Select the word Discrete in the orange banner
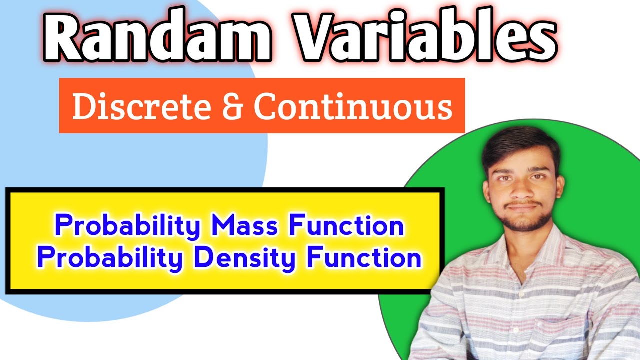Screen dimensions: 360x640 tap(141, 106)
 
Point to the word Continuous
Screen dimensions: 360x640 tap(353, 106)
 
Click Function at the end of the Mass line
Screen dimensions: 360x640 tap(346, 226)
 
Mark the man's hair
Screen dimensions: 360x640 tap(520, 142)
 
